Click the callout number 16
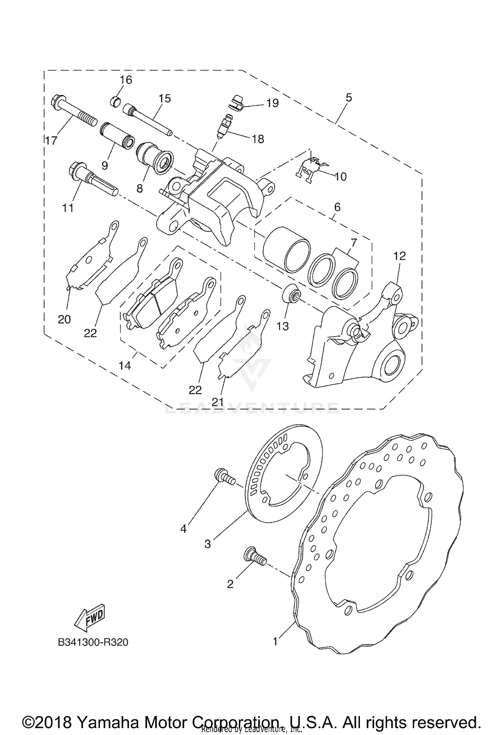126,80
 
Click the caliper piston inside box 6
286,249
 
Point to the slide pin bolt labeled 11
92,178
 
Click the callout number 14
125,365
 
